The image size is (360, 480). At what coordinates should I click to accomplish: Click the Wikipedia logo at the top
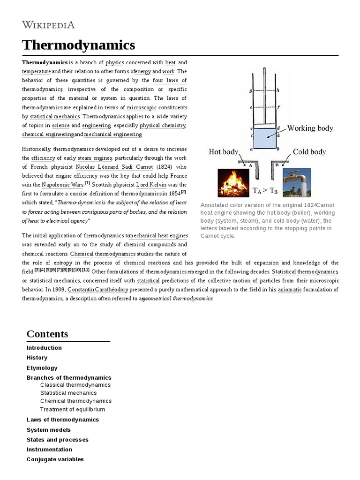coord(48,25)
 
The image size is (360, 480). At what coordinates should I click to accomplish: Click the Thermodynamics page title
coord(78,45)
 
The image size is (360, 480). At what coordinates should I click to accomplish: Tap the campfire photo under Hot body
coord(233,182)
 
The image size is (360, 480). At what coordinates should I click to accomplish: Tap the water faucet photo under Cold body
coord(296,182)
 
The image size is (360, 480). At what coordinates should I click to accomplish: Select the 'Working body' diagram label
coord(310,128)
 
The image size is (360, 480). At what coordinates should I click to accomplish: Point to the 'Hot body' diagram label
coord(224,152)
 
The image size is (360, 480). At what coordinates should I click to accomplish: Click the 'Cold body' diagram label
coord(309,152)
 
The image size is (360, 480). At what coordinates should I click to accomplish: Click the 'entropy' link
coord(63,262)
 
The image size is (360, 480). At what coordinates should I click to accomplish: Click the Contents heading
coord(47,334)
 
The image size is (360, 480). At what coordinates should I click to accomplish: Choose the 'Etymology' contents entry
coord(42,368)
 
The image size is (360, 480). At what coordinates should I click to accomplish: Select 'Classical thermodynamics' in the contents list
coord(75,385)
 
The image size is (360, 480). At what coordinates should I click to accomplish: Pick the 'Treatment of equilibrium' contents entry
coord(73,409)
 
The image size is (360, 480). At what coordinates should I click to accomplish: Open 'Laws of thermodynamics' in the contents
coord(63,420)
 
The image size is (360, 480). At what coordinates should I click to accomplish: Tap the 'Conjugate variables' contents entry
coord(55,459)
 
